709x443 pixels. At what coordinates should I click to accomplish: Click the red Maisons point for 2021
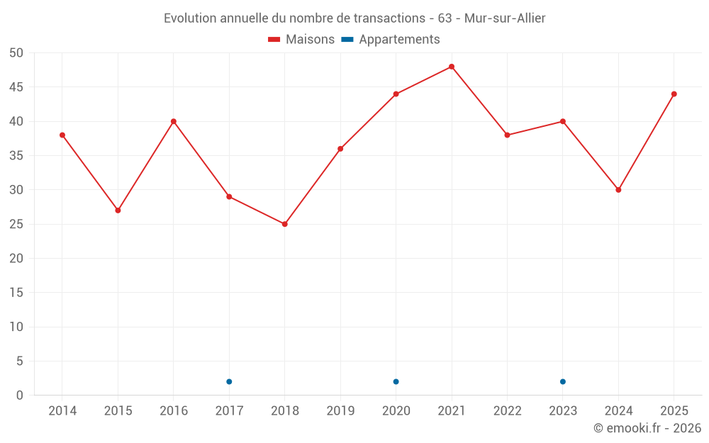(x=452, y=67)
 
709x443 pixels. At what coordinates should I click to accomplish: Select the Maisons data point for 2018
(x=285, y=224)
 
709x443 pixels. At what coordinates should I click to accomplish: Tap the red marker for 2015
(x=118, y=211)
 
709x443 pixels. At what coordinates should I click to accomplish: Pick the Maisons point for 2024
(x=618, y=190)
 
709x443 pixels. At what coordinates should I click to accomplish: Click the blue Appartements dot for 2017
(x=229, y=382)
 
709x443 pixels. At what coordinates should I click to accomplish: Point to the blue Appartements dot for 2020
(x=396, y=382)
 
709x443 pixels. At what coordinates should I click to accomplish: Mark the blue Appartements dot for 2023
(x=563, y=382)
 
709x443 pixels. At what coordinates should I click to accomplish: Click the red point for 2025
(x=674, y=94)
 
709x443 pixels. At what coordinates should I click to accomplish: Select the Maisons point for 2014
(x=62, y=135)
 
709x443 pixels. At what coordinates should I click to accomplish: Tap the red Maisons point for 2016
(x=174, y=122)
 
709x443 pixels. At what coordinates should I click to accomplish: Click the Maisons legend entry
(x=301, y=39)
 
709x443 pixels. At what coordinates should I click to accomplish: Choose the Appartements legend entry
(x=391, y=39)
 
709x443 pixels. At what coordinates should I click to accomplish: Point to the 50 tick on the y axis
(x=16, y=53)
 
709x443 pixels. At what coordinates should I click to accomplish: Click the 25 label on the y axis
(x=16, y=224)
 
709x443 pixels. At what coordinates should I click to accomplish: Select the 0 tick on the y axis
(x=19, y=396)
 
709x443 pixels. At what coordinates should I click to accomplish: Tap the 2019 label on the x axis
(x=340, y=411)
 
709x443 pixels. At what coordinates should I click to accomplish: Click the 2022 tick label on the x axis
(x=508, y=411)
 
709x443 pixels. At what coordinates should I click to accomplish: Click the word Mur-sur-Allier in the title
(x=505, y=18)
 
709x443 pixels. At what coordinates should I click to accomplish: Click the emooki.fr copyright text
(x=647, y=428)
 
